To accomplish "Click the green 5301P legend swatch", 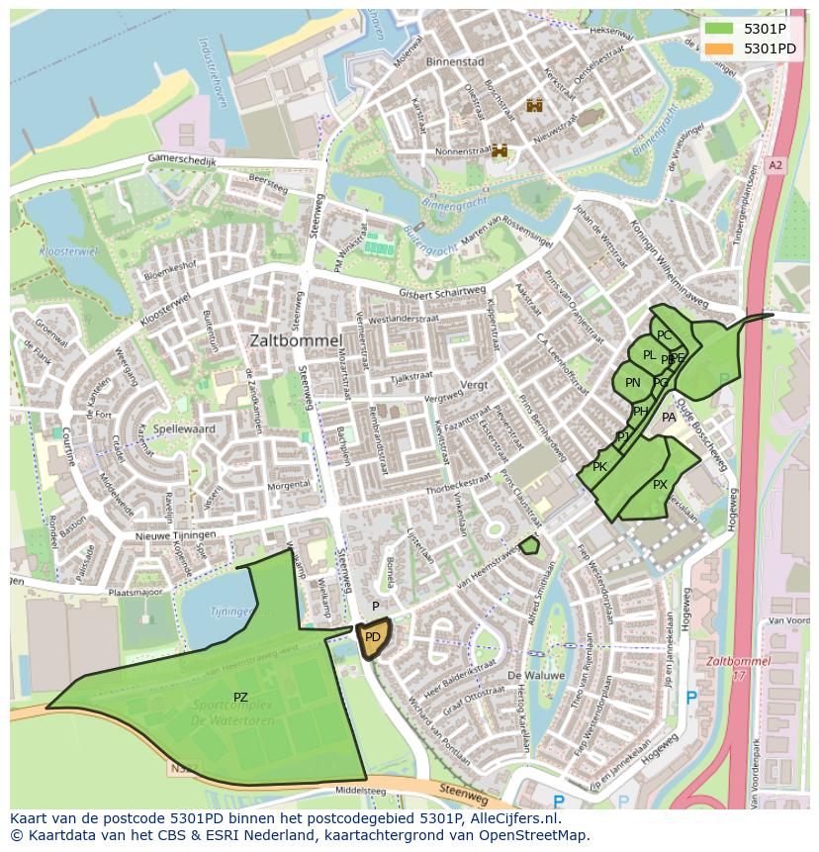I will click(x=720, y=29).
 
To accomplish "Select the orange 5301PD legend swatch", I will click(x=720, y=48).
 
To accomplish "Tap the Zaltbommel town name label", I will click(x=296, y=339).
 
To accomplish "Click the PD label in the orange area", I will click(x=372, y=637).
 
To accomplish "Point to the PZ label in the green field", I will click(x=240, y=698).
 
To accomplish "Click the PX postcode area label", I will click(x=660, y=484).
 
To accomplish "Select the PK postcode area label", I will click(x=599, y=466).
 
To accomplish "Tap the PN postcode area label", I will click(x=633, y=383).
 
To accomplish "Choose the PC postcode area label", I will click(x=664, y=335).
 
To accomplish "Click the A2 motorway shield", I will click(x=774, y=165).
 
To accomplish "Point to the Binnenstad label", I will click(x=454, y=61).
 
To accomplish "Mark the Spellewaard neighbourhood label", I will click(x=184, y=430).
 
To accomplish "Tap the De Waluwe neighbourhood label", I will click(x=535, y=675).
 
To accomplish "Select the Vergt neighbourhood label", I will click(x=475, y=383).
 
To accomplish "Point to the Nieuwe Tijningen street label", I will click(x=176, y=535).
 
